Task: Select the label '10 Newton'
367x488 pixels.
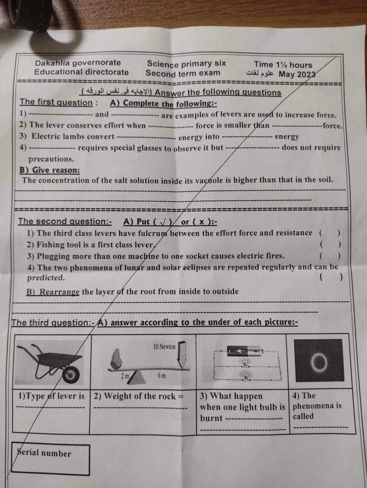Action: [x=164, y=347]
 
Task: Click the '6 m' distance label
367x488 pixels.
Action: [x=162, y=375]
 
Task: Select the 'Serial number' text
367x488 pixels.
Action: [x=44, y=453]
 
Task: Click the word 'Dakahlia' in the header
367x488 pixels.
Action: [x=52, y=63]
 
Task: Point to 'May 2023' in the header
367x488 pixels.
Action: [x=298, y=74]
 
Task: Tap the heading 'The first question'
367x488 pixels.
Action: [x=55, y=102]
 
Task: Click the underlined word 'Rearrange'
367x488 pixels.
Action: [x=59, y=292]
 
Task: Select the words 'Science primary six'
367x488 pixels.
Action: [x=186, y=63]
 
